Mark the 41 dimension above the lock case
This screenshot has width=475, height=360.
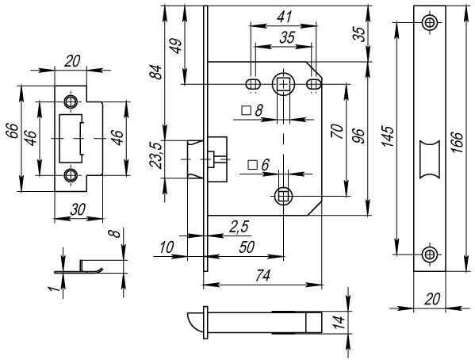click(282, 15)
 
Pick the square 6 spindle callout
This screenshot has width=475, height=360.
click(259, 164)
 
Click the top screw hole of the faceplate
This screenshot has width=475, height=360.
click(429, 22)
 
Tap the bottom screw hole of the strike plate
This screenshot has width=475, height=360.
click(71, 174)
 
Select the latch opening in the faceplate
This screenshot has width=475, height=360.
click(429, 156)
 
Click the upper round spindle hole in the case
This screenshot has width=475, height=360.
click(283, 83)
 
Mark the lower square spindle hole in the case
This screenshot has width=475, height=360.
click(283, 195)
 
